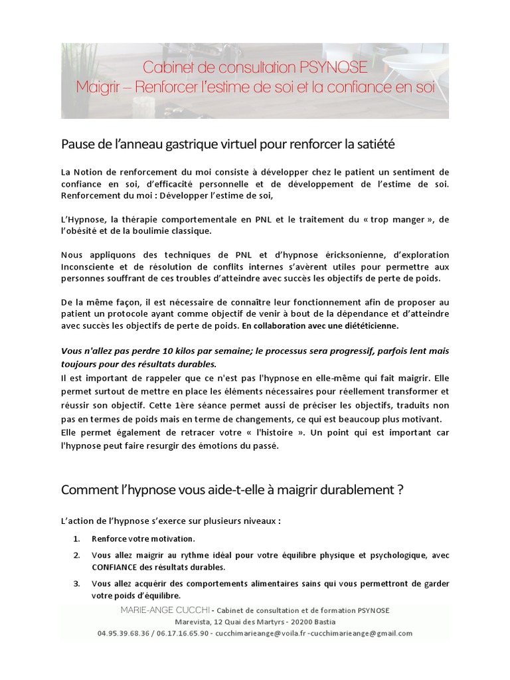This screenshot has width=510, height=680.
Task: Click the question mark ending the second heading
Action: (400, 490)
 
